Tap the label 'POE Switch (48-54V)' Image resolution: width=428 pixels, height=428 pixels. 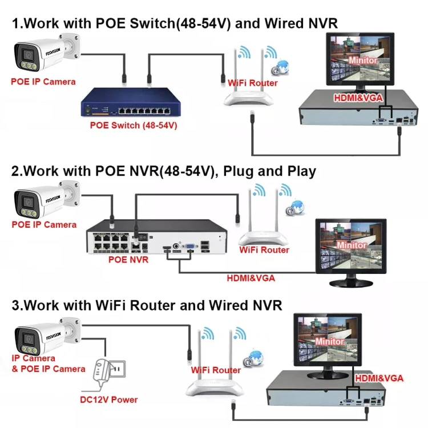[134, 125]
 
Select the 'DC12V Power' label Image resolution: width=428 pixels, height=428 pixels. [108, 399]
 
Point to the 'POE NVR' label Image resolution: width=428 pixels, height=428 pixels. [128, 260]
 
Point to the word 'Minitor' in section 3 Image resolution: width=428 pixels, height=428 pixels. [329, 341]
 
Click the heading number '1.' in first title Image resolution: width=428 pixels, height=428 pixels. [17, 23]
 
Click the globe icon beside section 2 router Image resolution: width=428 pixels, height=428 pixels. [297, 207]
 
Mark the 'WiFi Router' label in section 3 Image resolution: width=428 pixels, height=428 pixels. [216, 370]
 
